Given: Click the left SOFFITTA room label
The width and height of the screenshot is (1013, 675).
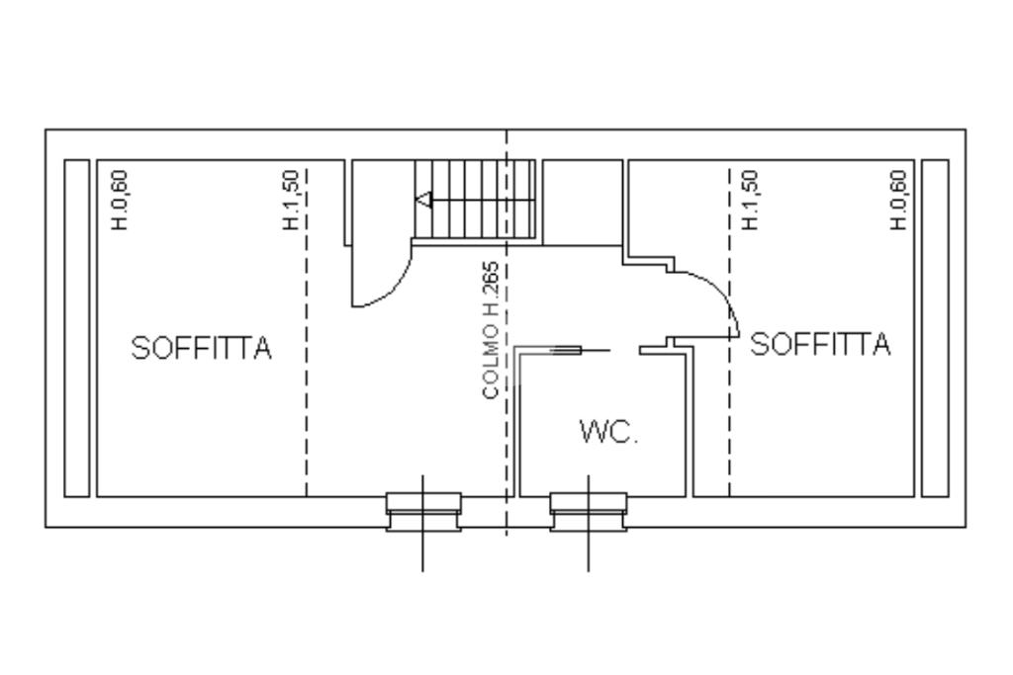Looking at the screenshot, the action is tap(202, 348).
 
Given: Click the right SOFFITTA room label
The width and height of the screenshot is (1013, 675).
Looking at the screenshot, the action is tap(820, 344).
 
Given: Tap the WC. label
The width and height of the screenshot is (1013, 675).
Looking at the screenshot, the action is tap(609, 431).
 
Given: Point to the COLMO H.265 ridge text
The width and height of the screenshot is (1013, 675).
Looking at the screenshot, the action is tap(491, 330).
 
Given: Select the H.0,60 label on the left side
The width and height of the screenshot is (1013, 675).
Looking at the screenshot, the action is tap(120, 200).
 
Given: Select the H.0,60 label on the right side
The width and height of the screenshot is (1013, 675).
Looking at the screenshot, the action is tap(898, 200).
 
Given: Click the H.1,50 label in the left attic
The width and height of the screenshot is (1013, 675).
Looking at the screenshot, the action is tap(292, 200).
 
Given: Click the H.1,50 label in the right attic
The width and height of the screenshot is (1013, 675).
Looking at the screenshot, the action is tap(750, 200).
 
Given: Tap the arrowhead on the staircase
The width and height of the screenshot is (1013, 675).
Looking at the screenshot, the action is tap(423, 200).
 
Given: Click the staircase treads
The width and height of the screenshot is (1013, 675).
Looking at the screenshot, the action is tap(475, 200).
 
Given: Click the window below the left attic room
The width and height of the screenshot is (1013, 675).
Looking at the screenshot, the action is tap(423, 512).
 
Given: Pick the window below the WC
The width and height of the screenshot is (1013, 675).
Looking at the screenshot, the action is tap(588, 512).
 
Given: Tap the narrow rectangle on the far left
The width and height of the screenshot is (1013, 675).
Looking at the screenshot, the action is tap(77, 328).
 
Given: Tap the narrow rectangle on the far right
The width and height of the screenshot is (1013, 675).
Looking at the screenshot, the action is tap(935, 328).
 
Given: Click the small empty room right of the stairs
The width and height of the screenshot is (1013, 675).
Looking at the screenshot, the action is tap(582, 203).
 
